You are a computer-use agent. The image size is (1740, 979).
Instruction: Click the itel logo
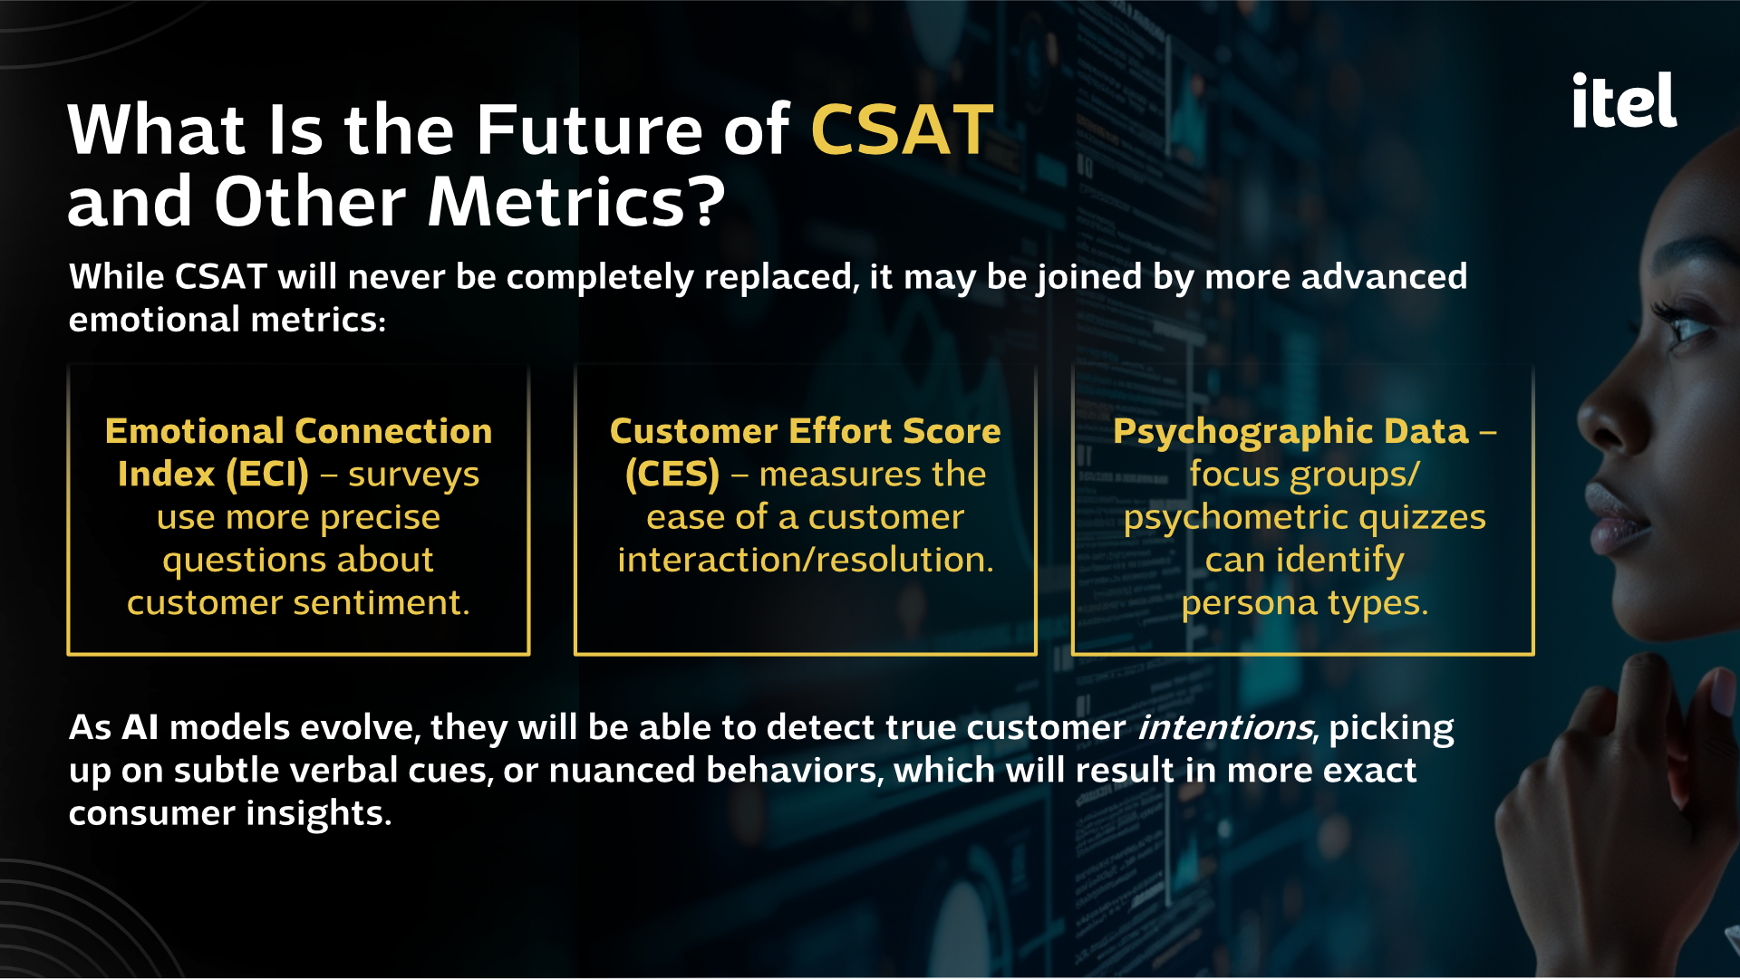point(1624,100)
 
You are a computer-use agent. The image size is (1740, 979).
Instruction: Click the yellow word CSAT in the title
point(902,130)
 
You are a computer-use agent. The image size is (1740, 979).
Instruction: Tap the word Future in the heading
point(589,130)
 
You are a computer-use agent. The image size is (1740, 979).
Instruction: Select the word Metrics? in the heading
point(576,202)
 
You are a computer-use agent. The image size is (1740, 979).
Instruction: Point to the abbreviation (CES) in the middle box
point(672,475)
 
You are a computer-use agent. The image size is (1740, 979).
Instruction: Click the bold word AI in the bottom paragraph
point(140,727)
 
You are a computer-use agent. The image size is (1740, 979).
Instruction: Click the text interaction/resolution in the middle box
point(805,561)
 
